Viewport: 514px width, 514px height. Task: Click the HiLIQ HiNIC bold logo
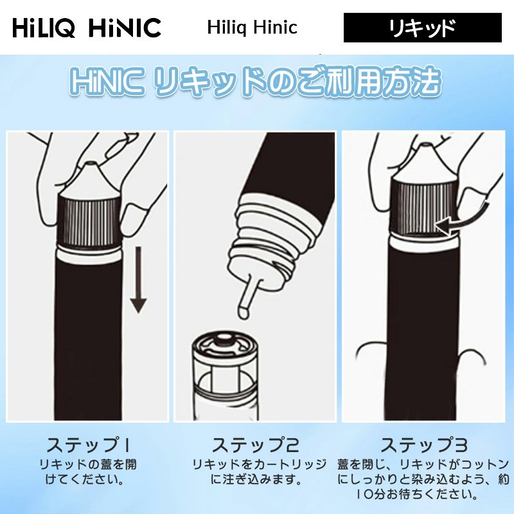[87, 28]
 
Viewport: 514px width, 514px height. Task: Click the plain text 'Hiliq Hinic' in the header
[252, 28]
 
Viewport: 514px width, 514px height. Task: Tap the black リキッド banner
[422, 28]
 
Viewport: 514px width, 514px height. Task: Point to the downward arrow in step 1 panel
[137, 283]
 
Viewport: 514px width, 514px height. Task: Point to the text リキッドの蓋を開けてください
[88, 472]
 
